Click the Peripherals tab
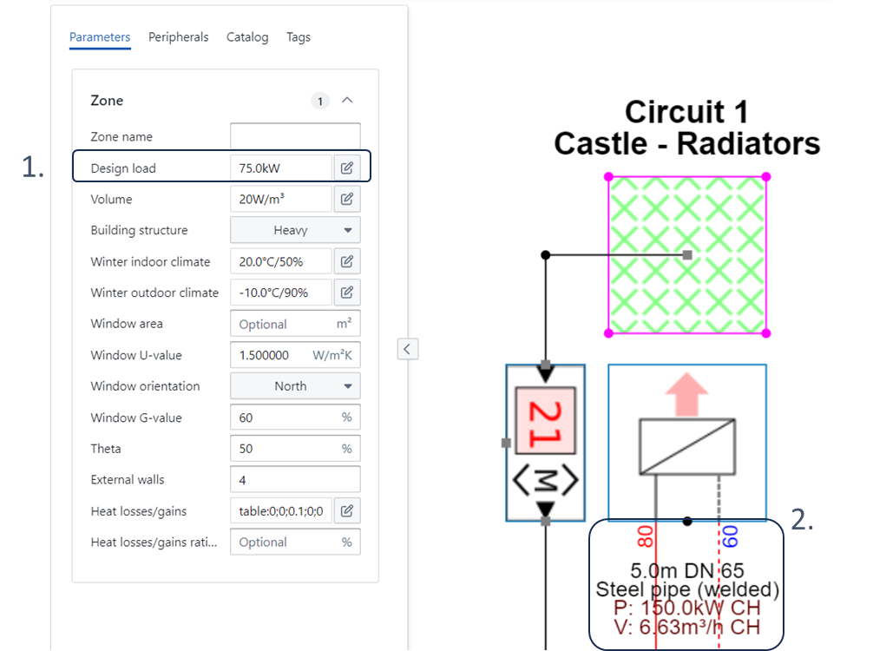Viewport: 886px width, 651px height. coord(178,37)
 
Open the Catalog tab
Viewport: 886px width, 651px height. coord(247,37)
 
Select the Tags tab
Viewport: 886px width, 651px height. coord(299,37)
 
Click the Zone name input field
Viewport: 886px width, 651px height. coord(295,136)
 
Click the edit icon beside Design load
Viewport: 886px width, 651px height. coord(347,168)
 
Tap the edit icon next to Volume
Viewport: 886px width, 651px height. coord(347,199)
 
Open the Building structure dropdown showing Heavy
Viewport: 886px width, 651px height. coord(295,230)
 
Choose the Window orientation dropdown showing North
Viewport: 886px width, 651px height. coord(295,386)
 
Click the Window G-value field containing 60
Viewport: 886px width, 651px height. coord(295,418)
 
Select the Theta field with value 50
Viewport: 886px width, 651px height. coord(295,449)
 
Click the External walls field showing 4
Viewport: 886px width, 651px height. coord(295,480)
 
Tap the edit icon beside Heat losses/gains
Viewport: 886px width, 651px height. coord(347,511)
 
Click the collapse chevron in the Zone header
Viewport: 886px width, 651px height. coord(347,100)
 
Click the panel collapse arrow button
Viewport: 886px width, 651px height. coord(407,349)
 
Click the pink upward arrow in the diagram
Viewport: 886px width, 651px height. coord(686,394)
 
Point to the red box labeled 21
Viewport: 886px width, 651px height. coord(546,420)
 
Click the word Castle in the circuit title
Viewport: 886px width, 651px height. coord(601,143)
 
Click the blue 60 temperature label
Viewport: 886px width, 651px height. coord(730,536)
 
